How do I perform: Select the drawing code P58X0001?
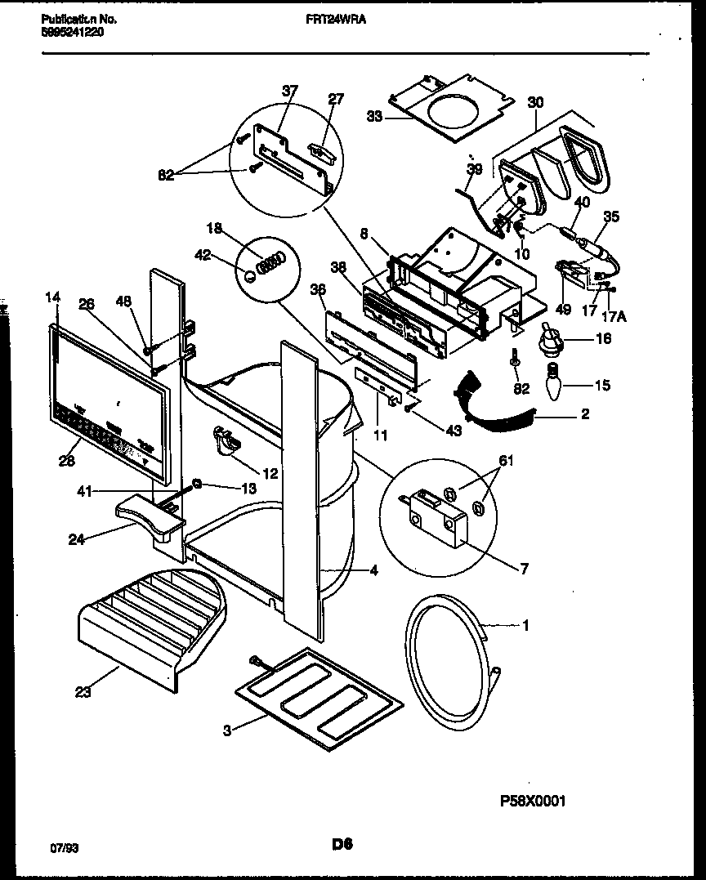pyautogui.click(x=532, y=801)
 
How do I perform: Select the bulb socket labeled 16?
pyautogui.click(x=554, y=337)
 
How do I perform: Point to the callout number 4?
pyautogui.click(x=373, y=571)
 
